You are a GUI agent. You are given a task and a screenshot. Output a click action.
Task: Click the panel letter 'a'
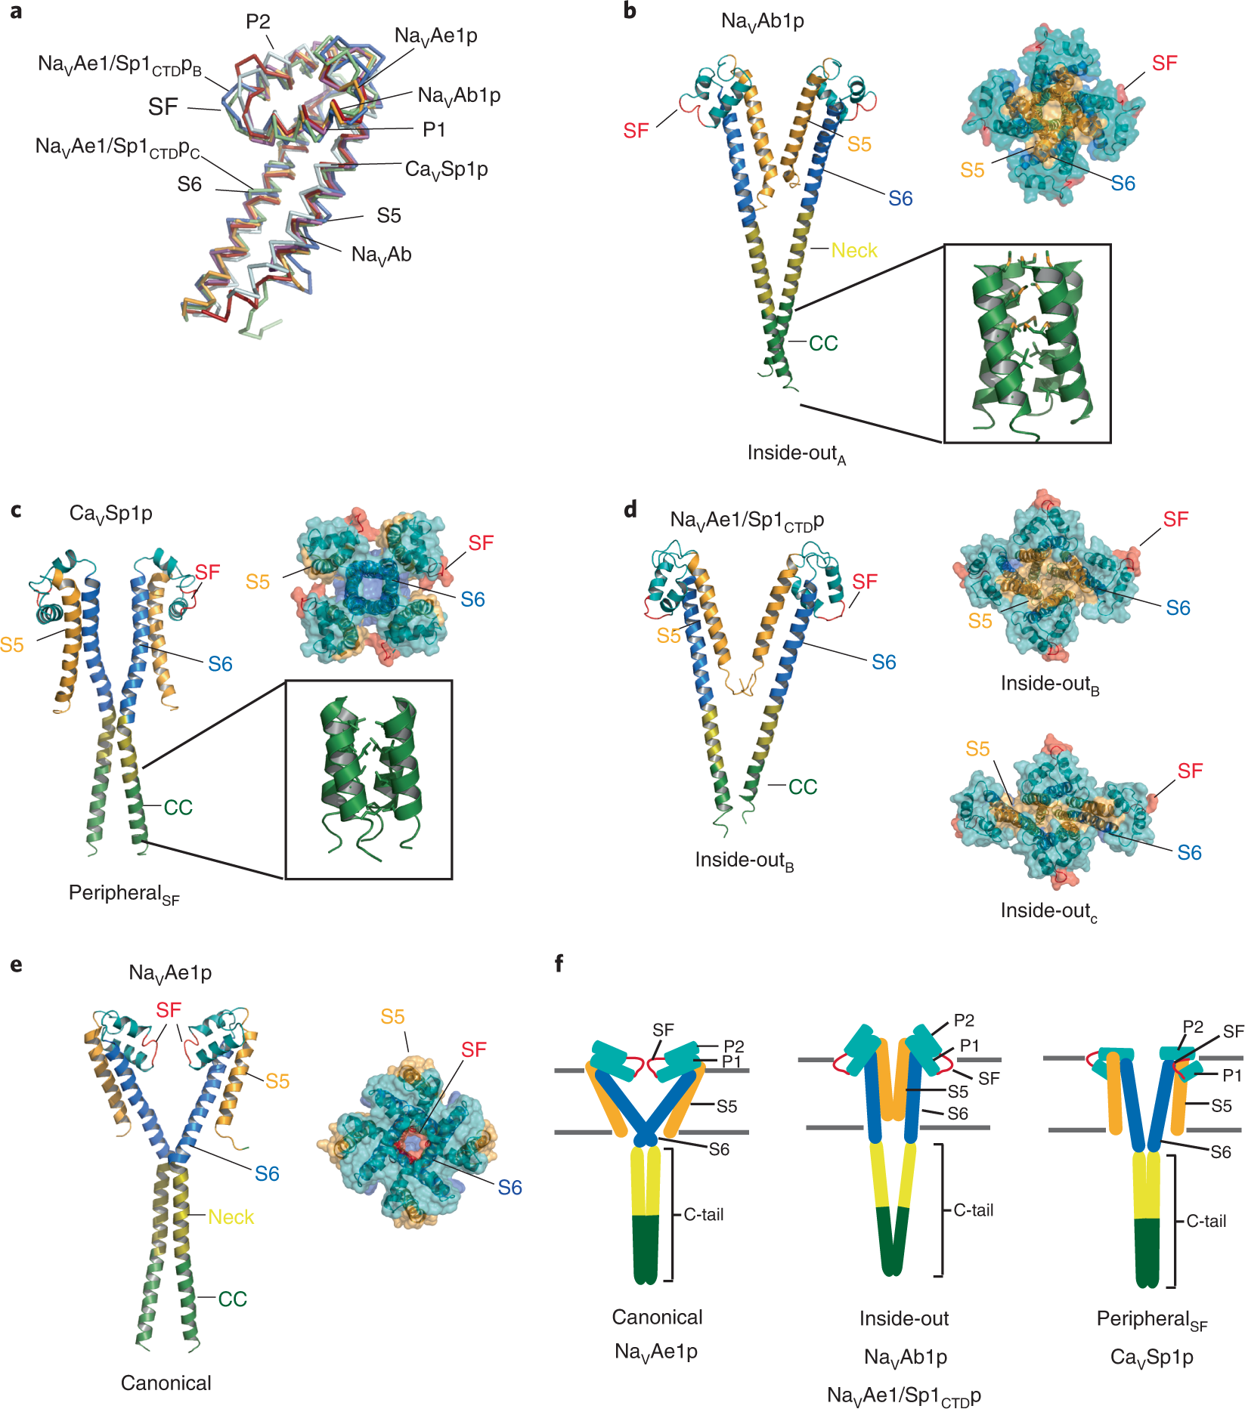tap(15, 12)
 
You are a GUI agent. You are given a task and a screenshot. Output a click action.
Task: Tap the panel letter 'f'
tap(559, 963)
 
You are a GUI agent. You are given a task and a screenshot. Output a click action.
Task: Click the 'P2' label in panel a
tap(258, 22)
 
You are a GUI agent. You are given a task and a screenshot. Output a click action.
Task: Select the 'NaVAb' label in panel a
tap(381, 255)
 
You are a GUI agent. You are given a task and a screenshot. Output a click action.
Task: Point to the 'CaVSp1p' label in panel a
tap(446, 169)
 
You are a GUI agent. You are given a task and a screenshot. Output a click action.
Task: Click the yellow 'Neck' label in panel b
tap(854, 250)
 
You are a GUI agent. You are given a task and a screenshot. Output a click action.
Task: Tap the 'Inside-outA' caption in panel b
tap(796, 453)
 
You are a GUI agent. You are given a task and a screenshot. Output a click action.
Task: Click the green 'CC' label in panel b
tap(823, 343)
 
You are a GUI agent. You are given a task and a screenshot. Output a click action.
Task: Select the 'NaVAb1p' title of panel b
tap(762, 21)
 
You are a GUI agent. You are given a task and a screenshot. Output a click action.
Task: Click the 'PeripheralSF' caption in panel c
tap(124, 894)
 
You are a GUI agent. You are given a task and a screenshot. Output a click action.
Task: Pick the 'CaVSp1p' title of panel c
tap(110, 514)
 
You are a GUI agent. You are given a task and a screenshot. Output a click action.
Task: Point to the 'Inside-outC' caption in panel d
tap(1048, 911)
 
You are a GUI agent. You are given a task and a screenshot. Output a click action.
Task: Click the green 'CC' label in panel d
tap(803, 786)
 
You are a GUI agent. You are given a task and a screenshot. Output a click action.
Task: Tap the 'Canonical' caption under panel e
tap(166, 1383)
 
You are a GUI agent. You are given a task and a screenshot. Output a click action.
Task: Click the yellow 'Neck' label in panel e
tap(231, 1216)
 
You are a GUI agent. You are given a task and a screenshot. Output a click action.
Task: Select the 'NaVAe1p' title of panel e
tap(170, 973)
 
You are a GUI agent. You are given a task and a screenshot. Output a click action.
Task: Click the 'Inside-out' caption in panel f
tap(904, 1318)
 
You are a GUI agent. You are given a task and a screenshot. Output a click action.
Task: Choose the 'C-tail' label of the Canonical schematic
tap(704, 1214)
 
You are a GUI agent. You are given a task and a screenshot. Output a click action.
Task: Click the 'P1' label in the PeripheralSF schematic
tap(1232, 1075)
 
